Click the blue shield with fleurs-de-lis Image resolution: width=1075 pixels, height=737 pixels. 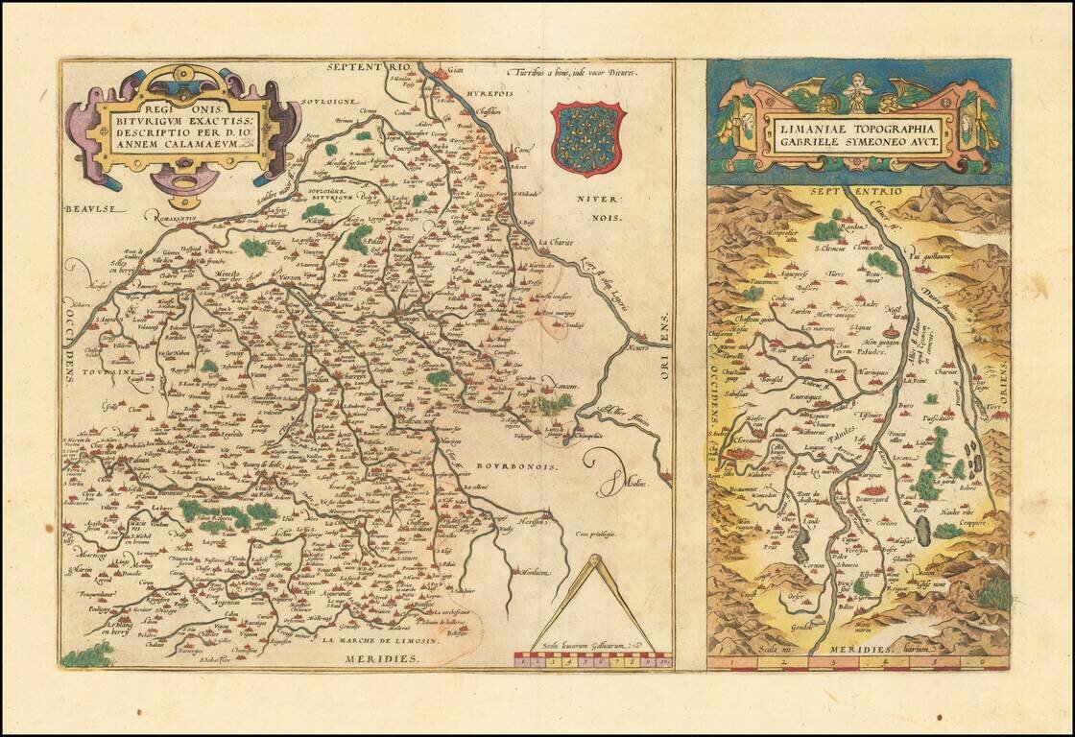(x=588, y=138)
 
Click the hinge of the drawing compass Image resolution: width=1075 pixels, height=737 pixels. (x=593, y=559)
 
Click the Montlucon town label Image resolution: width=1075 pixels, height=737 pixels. (x=536, y=572)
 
